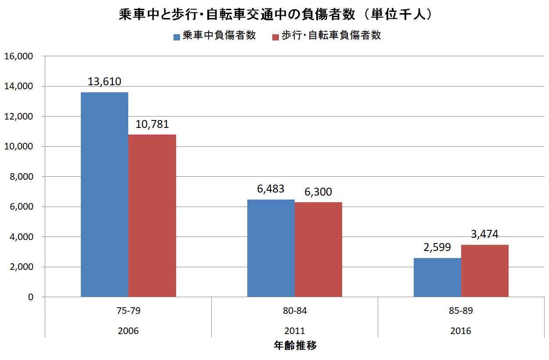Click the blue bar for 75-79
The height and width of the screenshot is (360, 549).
tap(105, 194)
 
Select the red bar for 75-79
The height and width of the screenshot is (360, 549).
tap(152, 215)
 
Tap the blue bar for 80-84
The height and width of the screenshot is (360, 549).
tap(271, 248)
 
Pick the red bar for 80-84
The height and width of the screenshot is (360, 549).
tap(318, 250)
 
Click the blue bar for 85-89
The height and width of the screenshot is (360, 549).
tap(437, 277)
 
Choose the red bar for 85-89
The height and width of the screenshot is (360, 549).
tap(485, 271)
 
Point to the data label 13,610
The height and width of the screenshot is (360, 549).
tap(104, 81)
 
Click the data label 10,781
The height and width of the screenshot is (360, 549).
tap(152, 124)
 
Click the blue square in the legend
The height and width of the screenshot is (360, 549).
tap(177, 36)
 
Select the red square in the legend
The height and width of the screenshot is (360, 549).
tap(275, 36)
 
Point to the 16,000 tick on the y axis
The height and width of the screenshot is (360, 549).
tap(19, 56)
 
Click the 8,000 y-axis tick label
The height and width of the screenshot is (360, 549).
tap(21, 177)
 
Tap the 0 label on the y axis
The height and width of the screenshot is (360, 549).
tap(30, 297)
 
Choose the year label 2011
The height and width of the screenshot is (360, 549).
tap(295, 331)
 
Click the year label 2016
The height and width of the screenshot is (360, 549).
tap(461, 331)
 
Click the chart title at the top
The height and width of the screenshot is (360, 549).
tap(274, 15)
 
